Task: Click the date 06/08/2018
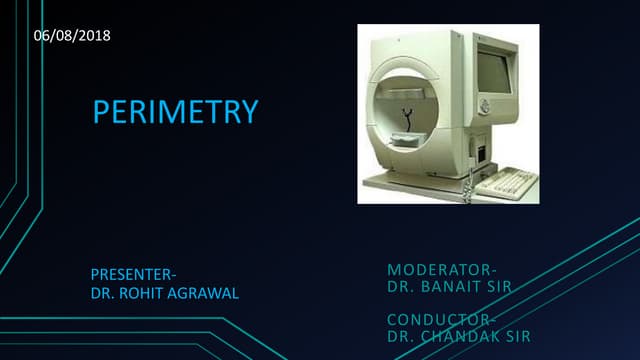72,36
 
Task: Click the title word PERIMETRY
176,111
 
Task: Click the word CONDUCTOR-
441,318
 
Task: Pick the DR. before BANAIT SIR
400,288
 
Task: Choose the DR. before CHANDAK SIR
400,336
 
